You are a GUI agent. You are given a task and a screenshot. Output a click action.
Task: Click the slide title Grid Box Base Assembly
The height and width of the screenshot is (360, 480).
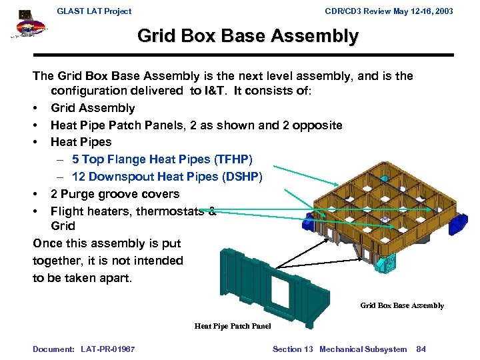(x=247, y=36)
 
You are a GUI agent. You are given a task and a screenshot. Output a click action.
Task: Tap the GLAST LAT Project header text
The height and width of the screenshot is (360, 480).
(x=94, y=11)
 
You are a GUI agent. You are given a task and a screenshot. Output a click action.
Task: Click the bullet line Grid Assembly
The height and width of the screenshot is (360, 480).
(x=93, y=108)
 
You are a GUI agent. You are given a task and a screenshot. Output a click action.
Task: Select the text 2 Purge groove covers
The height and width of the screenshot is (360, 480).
(x=115, y=194)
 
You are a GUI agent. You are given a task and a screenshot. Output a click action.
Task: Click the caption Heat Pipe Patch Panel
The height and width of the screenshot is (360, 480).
(x=233, y=326)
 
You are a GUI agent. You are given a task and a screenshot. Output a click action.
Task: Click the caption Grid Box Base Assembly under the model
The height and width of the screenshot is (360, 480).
(x=402, y=305)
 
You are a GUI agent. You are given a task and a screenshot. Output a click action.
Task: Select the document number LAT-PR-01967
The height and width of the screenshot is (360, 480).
(x=107, y=349)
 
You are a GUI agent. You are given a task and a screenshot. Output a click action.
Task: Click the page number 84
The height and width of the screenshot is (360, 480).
(x=421, y=349)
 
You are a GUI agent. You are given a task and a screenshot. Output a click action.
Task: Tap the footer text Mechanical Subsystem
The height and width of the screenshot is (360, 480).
(x=363, y=349)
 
